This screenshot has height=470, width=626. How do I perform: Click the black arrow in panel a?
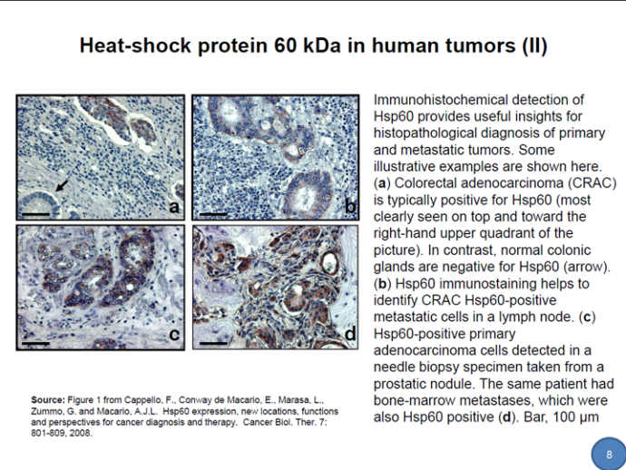62,185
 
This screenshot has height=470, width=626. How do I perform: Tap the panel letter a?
174,207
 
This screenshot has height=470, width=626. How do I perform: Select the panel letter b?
349,206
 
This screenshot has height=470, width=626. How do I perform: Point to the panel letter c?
174,334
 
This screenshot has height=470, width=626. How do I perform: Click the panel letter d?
349,333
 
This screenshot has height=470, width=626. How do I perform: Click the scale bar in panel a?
36,214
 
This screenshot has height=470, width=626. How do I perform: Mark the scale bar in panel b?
213,214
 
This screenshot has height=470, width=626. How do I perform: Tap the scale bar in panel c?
36,343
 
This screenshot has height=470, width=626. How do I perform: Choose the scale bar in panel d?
213,343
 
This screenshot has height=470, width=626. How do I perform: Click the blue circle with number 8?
609,454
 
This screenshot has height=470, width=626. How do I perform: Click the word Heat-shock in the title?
135,45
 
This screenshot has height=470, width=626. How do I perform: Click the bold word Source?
47,400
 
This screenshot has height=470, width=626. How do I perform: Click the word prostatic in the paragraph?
404,384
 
